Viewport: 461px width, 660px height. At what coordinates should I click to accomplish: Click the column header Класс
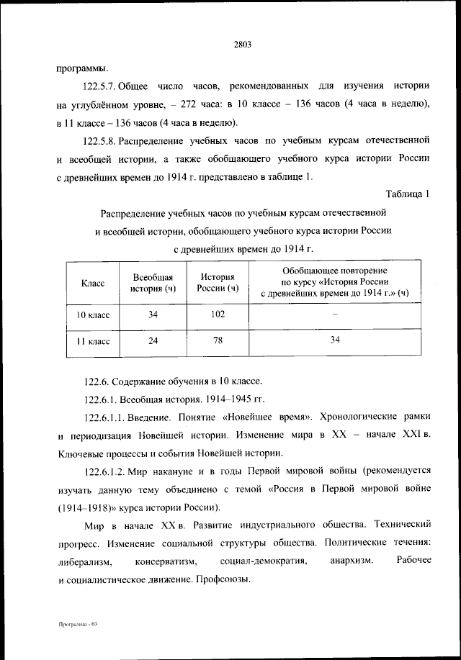(93, 284)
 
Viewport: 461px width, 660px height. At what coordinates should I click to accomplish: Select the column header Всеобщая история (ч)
(153, 284)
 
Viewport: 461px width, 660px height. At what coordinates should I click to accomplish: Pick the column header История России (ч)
(218, 284)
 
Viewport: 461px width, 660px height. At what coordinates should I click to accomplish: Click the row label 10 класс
(93, 315)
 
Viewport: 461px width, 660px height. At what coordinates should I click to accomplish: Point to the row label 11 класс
(93, 342)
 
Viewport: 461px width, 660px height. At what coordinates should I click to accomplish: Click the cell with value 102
(218, 314)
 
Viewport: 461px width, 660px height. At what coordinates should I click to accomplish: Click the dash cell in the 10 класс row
(334, 315)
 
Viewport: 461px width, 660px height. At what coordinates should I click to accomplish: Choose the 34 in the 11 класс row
(334, 341)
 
